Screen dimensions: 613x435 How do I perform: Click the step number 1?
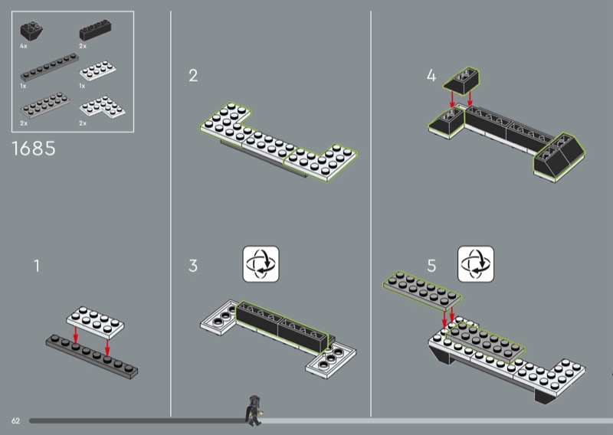[x=37, y=266]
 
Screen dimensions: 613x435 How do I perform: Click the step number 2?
[x=193, y=75]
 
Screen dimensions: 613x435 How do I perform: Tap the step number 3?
[x=193, y=266]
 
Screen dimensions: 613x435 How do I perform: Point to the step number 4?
[x=431, y=75]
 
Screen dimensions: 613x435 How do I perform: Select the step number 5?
[x=431, y=266]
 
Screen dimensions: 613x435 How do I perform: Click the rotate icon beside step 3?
[x=261, y=263]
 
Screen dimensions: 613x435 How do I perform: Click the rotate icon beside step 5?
[x=476, y=263]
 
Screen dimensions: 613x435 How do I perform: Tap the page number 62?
[x=15, y=420]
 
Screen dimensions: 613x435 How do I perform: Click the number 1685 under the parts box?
[x=34, y=149]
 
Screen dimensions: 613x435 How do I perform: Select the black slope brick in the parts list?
[x=31, y=31]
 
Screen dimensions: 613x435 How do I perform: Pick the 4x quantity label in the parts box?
[x=24, y=46]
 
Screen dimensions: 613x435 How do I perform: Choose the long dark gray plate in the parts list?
[x=49, y=67]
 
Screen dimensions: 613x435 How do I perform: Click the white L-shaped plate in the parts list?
[x=103, y=106]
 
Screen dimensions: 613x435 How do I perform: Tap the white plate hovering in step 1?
[x=95, y=322]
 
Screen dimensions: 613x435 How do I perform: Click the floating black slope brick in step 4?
[x=461, y=81]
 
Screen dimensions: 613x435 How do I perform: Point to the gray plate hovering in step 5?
[x=422, y=291]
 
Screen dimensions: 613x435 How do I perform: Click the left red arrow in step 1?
[x=76, y=337]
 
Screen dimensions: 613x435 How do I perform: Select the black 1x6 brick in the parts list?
[x=95, y=30]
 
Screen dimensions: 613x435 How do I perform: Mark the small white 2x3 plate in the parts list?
[x=98, y=70]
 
